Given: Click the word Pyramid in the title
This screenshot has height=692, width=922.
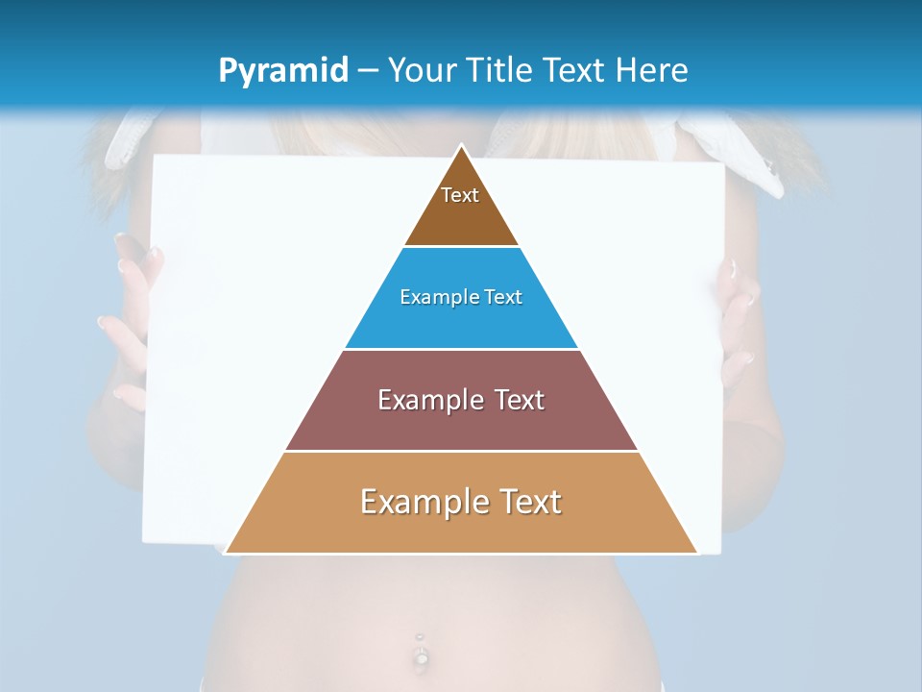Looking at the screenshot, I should tap(282, 71).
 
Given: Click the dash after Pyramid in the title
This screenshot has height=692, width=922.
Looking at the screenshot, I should tap(367, 71).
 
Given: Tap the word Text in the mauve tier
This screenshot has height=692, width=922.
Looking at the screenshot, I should tap(519, 400).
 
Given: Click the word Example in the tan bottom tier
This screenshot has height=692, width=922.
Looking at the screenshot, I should tap(424, 502).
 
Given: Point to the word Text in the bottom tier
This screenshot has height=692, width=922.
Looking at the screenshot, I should tap(530, 502).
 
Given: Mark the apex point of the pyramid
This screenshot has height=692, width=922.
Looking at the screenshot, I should tap(461, 146).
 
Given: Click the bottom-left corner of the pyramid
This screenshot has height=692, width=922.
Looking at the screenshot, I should tap(225, 553).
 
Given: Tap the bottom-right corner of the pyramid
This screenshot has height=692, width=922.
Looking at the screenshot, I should tap(697, 553).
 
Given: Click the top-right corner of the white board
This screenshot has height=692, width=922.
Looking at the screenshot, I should tap(722, 164).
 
